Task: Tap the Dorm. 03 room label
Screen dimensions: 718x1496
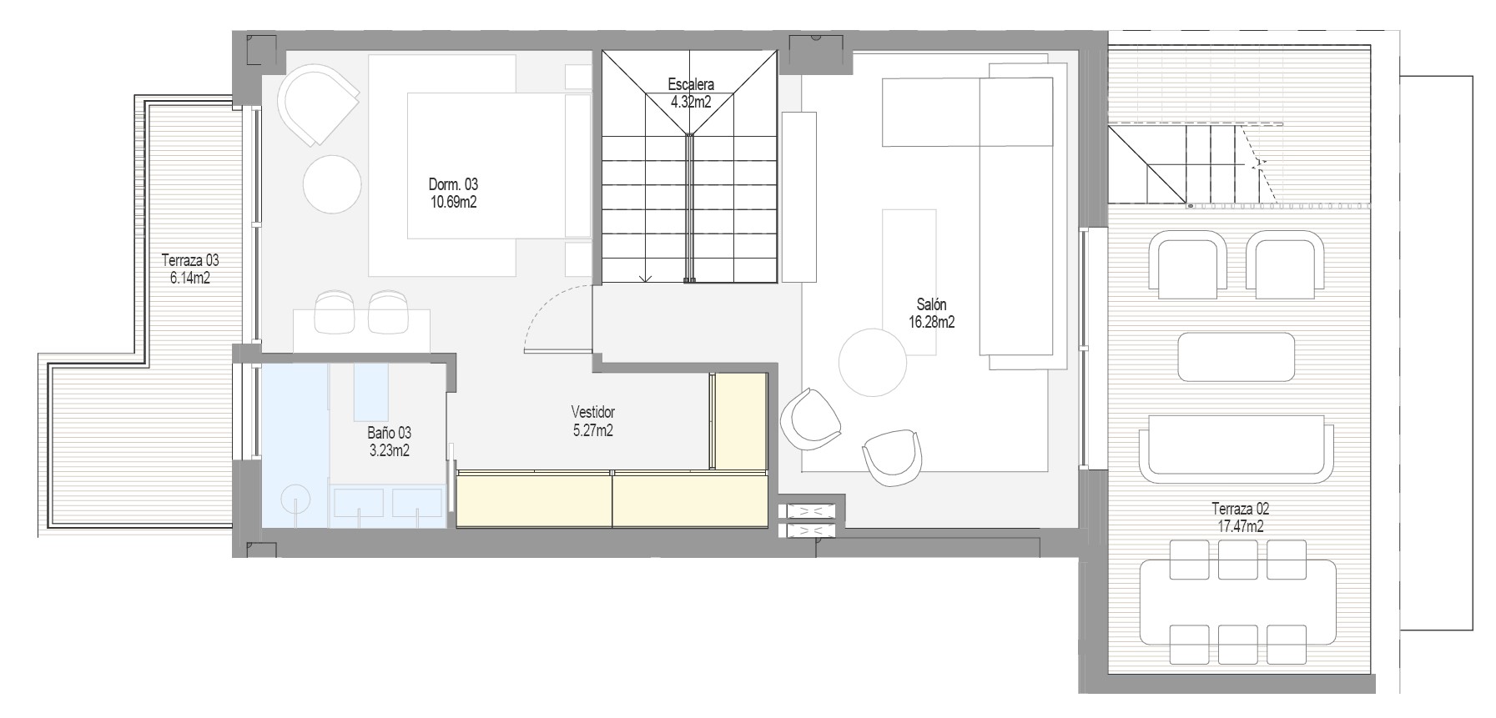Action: click(453, 193)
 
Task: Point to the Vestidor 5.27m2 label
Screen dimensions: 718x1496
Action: click(592, 421)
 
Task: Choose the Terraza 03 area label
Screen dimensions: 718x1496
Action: click(190, 269)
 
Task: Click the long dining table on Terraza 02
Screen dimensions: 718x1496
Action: click(1237, 602)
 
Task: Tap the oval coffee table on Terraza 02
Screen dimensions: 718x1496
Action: click(1236, 355)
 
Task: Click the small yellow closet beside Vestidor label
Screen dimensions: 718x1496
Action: click(738, 420)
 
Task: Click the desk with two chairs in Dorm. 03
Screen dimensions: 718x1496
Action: click(361, 325)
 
